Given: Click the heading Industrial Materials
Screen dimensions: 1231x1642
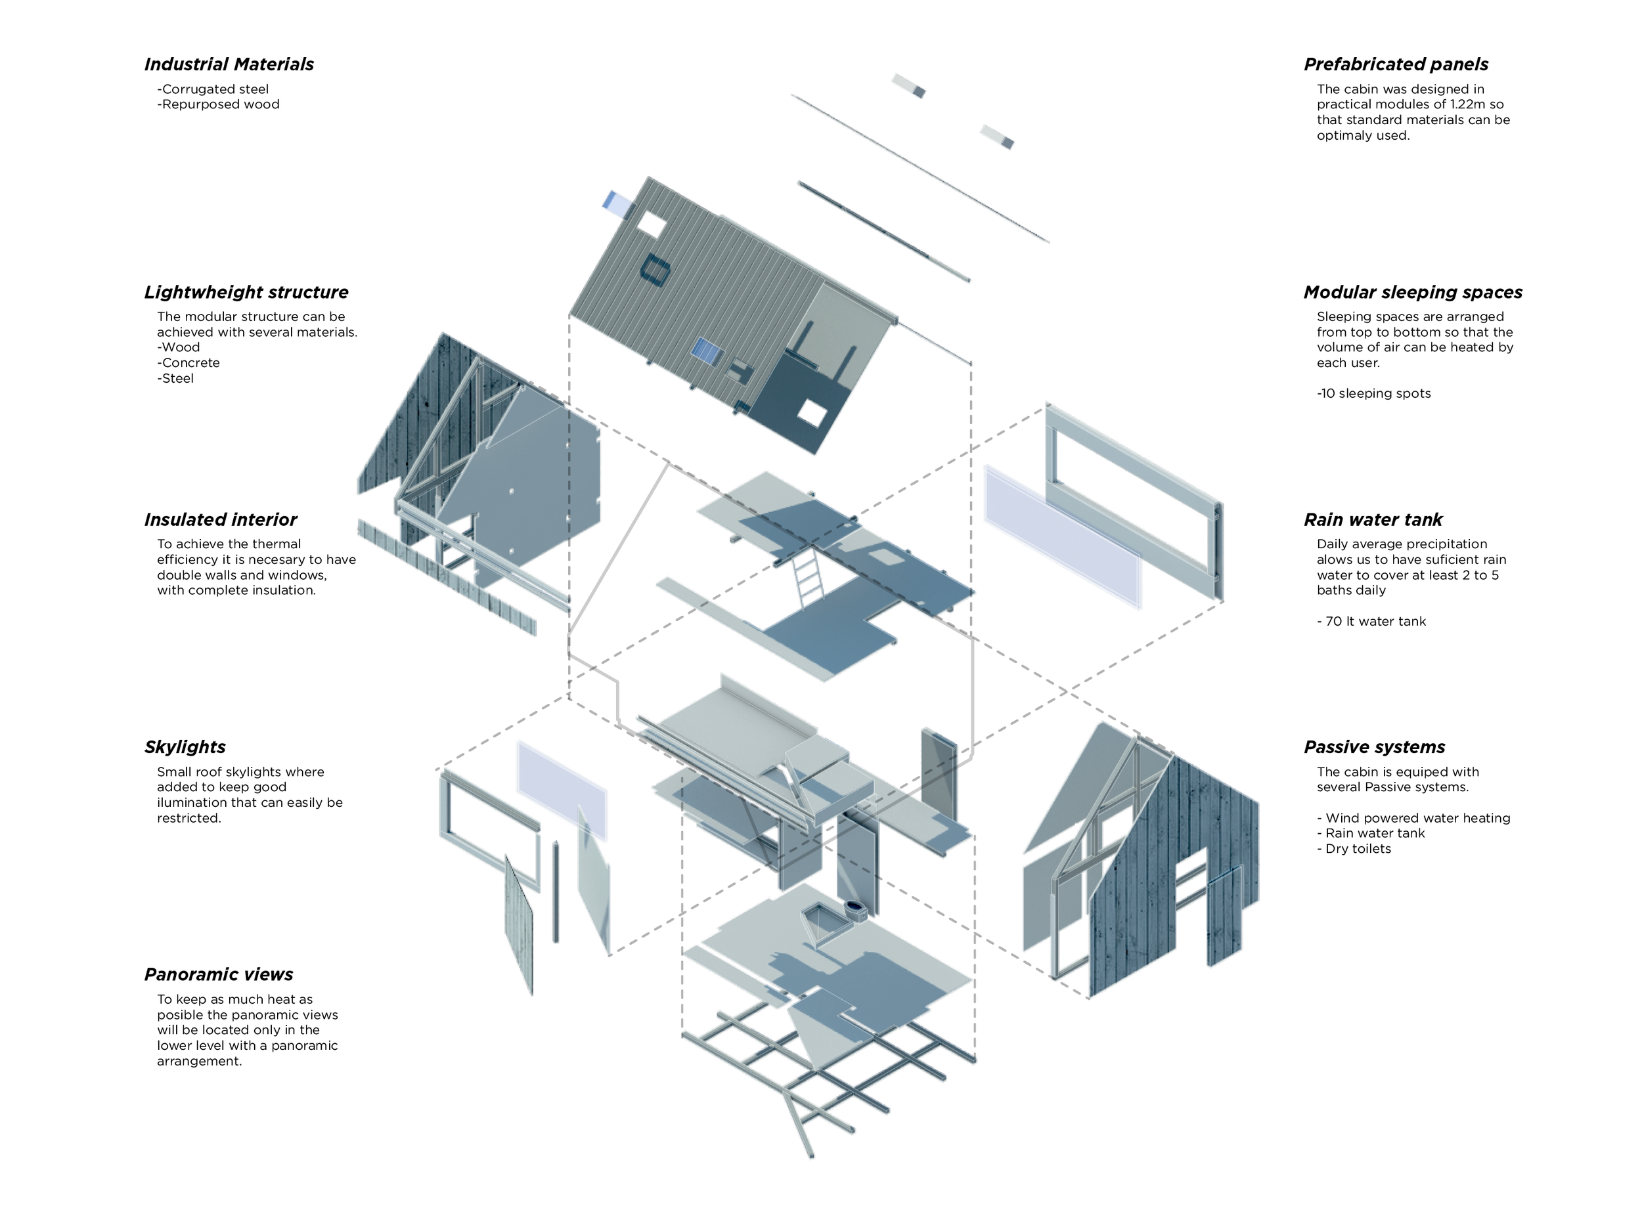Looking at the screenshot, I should pyautogui.click(x=229, y=64).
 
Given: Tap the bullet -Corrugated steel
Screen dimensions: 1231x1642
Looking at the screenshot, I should pyautogui.click(x=213, y=89).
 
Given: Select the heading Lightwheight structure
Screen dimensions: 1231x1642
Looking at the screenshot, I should pyautogui.click(x=246, y=292).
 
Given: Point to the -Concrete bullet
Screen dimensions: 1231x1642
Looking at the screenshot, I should pyautogui.click(x=189, y=363).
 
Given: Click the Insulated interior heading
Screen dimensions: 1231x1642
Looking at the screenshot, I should pyautogui.click(x=221, y=519).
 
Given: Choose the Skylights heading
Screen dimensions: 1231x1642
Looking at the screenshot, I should pyautogui.click(x=185, y=747).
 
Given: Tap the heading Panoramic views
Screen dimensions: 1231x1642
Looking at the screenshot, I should pyautogui.click(x=218, y=974).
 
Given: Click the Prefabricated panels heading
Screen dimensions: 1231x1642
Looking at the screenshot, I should pyautogui.click(x=1396, y=64).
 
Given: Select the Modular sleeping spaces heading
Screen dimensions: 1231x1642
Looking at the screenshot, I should pyautogui.click(x=1413, y=292).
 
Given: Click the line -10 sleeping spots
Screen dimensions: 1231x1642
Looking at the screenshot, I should pyautogui.click(x=1373, y=393).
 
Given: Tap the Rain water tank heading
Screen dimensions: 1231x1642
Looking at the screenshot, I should pyautogui.click(x=1373, y=519).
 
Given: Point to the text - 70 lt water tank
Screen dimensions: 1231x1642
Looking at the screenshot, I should pyautogui.click(x=1371, y=621).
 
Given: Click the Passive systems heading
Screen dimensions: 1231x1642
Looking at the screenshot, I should pyautogui.click(x=1374, y=747).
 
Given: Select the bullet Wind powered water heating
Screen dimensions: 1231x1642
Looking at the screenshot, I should pyautogui.click(x=1417, y=817).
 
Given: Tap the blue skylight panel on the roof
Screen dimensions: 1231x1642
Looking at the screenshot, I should pyautogui.click(x=706, y=351).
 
